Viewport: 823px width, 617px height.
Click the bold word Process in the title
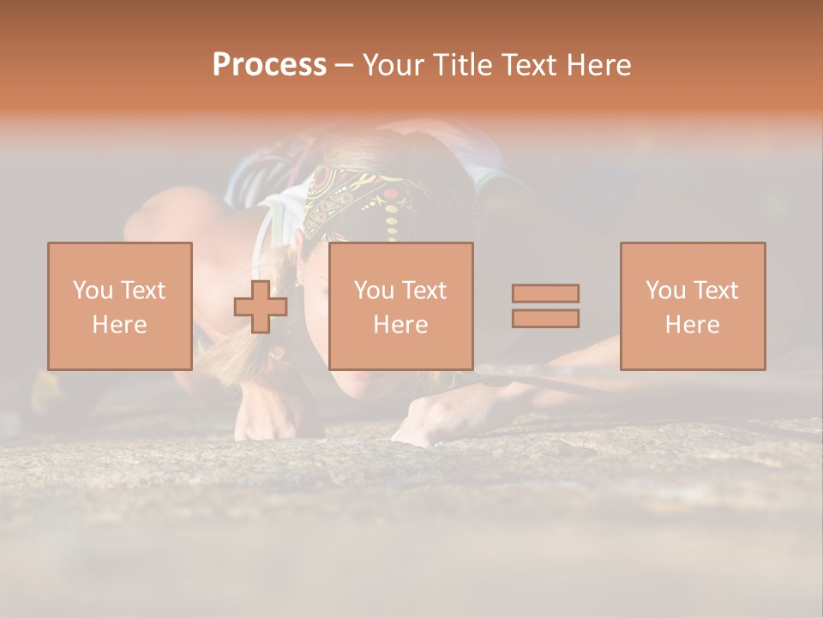pyautogui.click(x=269, y=65)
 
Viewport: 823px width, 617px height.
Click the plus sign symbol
pyautogui.click(x=261, y=307)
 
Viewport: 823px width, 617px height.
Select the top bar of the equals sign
pyautogui.click(x=545, y=293)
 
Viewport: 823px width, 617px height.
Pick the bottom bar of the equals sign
pyautogui.click(x=545, y=319)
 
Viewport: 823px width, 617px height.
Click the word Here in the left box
pyautogui.click(x=119, y=325)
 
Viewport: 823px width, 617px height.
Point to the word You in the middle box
pyautogui.click(x=374, y=291)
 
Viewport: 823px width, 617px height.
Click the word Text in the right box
pyautogui.click(x=717, y=291)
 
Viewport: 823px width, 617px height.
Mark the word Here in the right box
pyautogui.click(x=692, y=325)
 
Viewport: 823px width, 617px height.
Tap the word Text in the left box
pyautogui.click(x=144, y=291)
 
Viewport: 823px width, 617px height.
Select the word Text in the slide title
pyautogui.click(x=529, y=65)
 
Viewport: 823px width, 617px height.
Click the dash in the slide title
pyautogui.click(x=344, y=65)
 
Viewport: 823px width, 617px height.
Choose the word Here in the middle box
pyautogui.click(x=400, y=325)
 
